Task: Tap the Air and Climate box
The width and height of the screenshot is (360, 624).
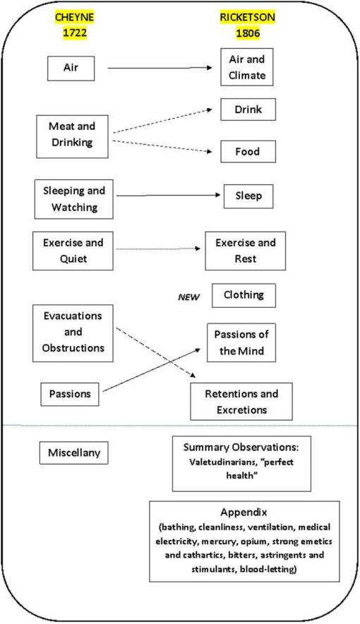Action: click(x=248, y=66)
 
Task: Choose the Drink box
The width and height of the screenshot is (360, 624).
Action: click(x=248, y=109)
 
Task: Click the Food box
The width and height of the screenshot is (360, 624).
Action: click(x=248, y=151)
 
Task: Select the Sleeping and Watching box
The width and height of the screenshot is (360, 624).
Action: click(x=74, y=198)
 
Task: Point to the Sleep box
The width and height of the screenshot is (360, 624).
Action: click(x=248, y=196)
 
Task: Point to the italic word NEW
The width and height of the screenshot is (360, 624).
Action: click(x=187, y=297)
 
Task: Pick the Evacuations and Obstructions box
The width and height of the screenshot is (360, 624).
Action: click(x=74, y=332)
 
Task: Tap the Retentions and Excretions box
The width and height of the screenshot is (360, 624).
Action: click(x=241, y=402)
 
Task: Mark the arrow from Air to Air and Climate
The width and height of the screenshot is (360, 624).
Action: click(x=159, y=68)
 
